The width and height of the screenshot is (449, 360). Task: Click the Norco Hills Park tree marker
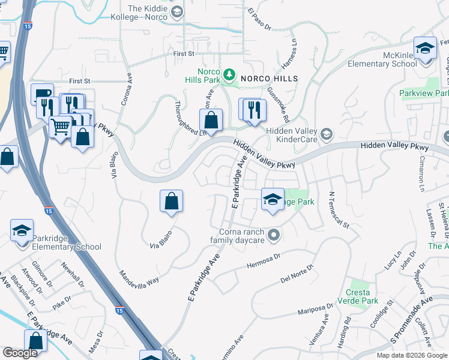(229, 74)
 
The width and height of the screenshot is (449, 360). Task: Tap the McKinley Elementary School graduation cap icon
(425, 48)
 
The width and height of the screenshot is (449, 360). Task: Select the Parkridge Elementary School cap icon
(22, 230)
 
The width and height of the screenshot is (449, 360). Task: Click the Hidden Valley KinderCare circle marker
(326, 133)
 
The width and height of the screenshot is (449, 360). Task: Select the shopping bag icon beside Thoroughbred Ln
(211, 120)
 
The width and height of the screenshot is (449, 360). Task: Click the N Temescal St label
(339, 210)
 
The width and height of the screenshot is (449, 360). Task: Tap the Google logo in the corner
(20, 353)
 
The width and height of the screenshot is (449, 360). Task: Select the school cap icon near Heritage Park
(273, 199)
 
